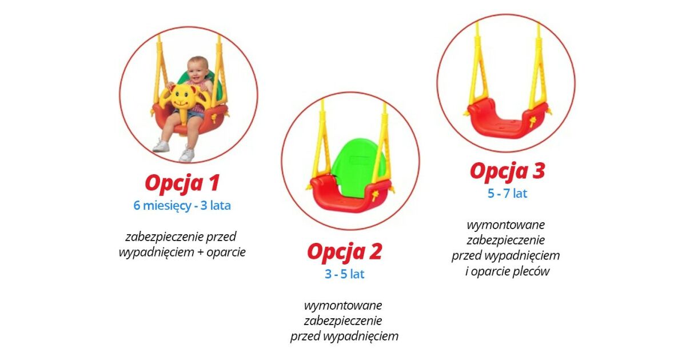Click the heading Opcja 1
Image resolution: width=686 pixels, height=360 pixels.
(x=182, y=183)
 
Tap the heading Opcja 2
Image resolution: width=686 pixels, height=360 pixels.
(x=345, y=252)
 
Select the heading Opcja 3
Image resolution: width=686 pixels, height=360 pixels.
(x=508, y=171)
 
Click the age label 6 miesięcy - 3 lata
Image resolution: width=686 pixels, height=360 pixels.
(x=182, y=205)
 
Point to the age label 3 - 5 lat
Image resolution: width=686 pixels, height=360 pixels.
(x=345, y=274)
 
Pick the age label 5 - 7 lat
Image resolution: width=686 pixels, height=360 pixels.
(x=508, y=194)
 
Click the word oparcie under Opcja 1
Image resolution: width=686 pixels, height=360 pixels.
(x=226, y=253)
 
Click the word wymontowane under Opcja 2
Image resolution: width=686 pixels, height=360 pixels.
(x=343, y=305)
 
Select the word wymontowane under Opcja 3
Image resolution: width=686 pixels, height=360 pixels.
(x=505, y=225)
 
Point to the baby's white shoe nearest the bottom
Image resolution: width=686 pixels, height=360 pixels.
(x=187, y=155)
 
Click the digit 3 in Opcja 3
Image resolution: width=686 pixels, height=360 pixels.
(x=538, y=171)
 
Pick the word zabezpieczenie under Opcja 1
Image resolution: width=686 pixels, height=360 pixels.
(x=164, y=237)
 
